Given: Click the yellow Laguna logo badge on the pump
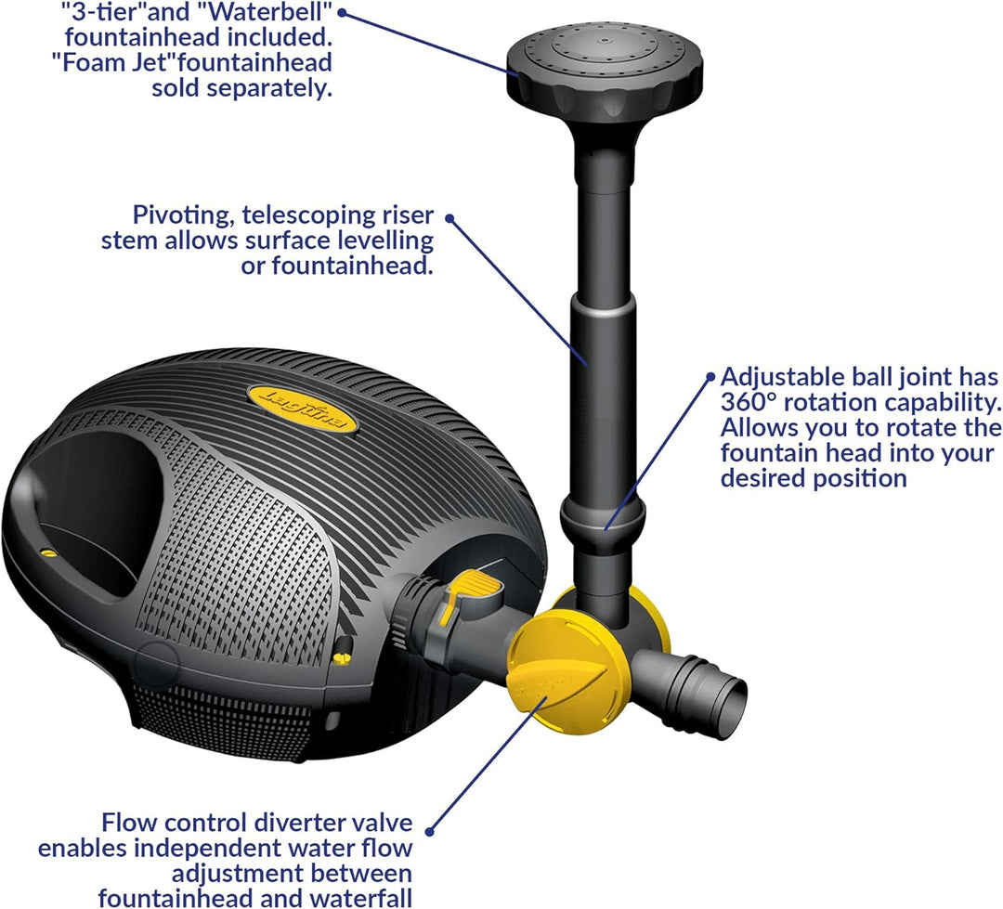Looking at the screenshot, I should tap(303, 408).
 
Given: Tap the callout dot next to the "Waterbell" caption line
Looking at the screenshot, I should tap(343, 12).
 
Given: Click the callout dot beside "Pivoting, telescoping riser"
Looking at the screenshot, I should tap(450, 217).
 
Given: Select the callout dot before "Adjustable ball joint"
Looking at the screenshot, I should tap(712, 377).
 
